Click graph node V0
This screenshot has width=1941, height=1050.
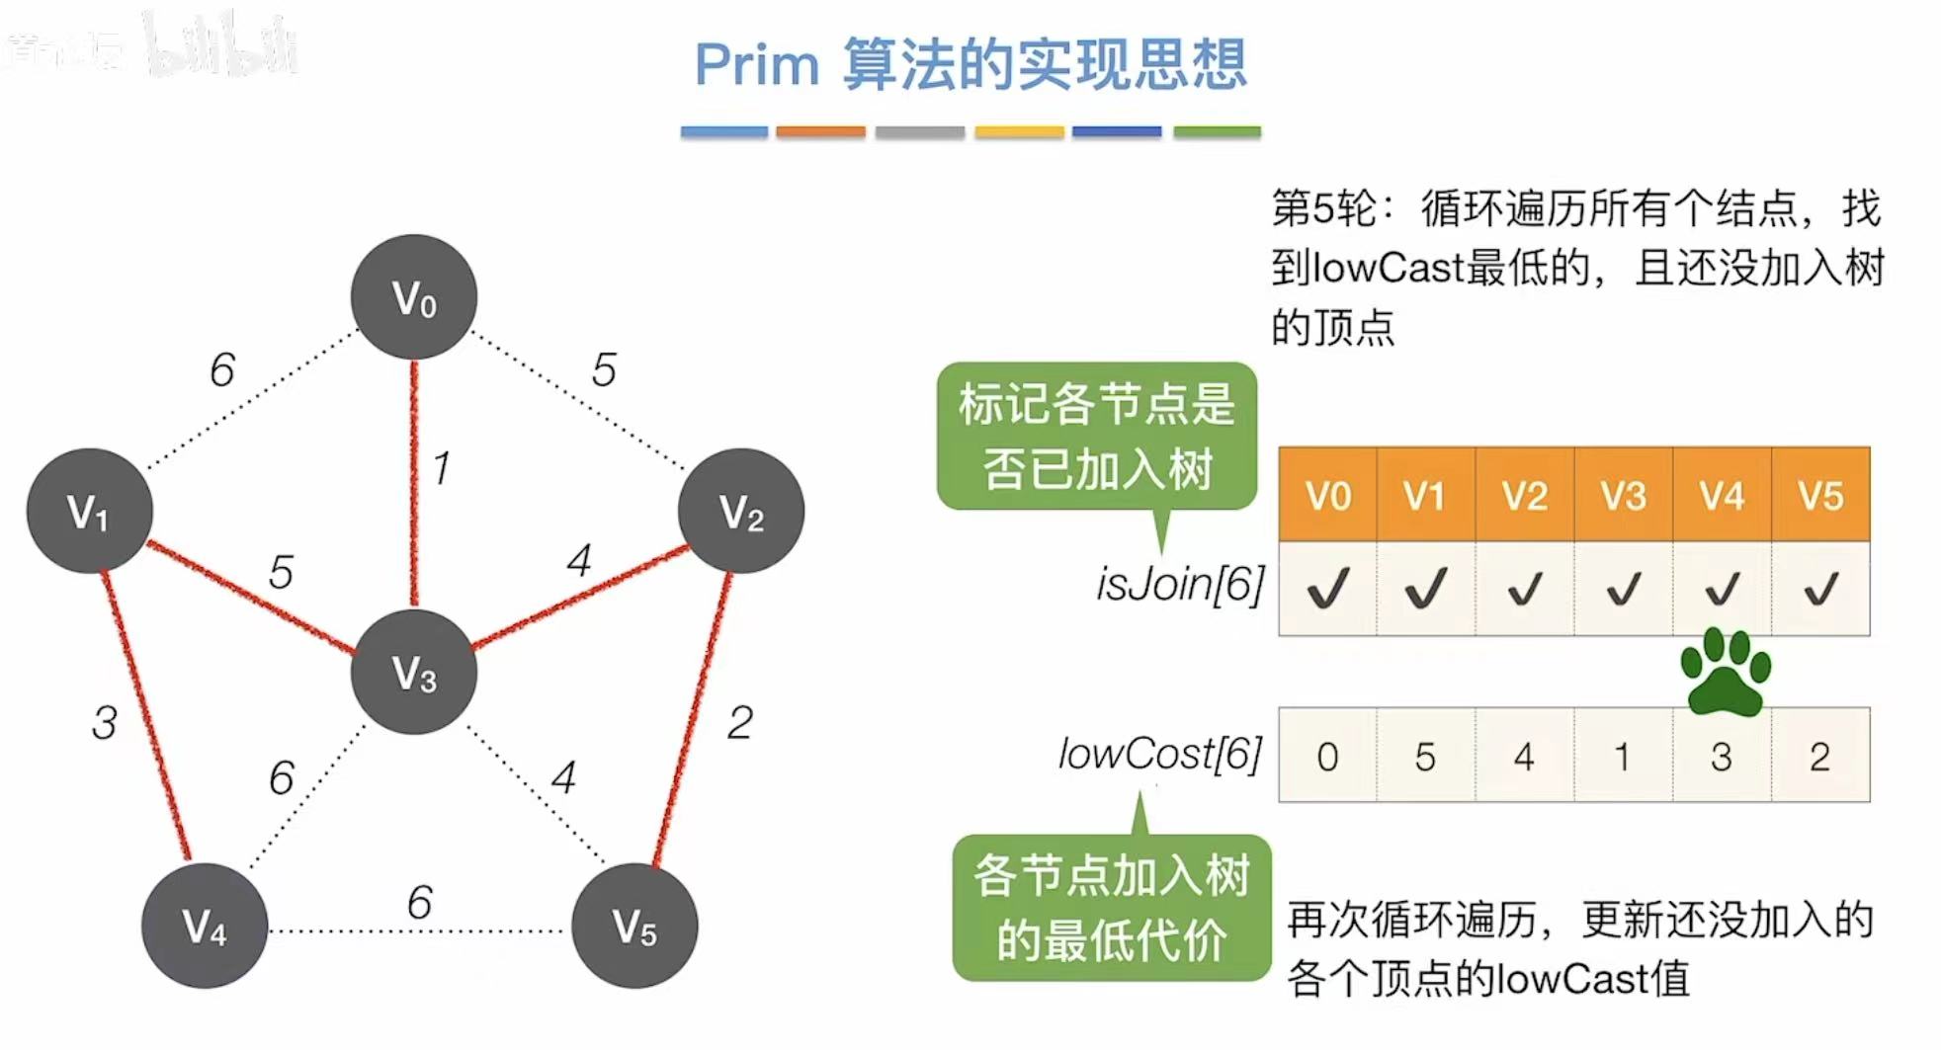pos(414,296)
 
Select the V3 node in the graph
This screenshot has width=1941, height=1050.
pos(414,672)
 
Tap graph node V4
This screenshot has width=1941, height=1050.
pos(205,926)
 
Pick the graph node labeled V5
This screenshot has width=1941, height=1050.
pos(634,926)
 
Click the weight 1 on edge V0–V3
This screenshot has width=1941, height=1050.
pos(442,467)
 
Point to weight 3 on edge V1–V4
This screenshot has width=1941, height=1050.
pos(105,722)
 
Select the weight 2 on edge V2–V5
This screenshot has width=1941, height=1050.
pos(740,722)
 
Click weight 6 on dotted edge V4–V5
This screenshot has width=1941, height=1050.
pos(420,902)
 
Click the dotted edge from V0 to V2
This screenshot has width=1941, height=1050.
pos(578,400)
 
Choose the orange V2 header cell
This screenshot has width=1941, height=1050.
pos(1524,495)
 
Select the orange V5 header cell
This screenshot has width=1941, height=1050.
pos(1820,495)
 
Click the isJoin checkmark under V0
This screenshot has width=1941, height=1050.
pos(1327,590)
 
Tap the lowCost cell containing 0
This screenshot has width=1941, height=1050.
pos(1327,757)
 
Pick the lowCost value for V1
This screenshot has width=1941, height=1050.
pos(1425,757)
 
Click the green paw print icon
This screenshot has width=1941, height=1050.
pos(1726,672)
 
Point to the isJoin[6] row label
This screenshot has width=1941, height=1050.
pos(1180,584)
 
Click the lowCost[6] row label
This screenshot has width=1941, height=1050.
pos(1160,754)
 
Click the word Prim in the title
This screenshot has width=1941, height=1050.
pos(757,65)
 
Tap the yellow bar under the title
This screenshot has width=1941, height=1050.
pos(1019,131)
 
